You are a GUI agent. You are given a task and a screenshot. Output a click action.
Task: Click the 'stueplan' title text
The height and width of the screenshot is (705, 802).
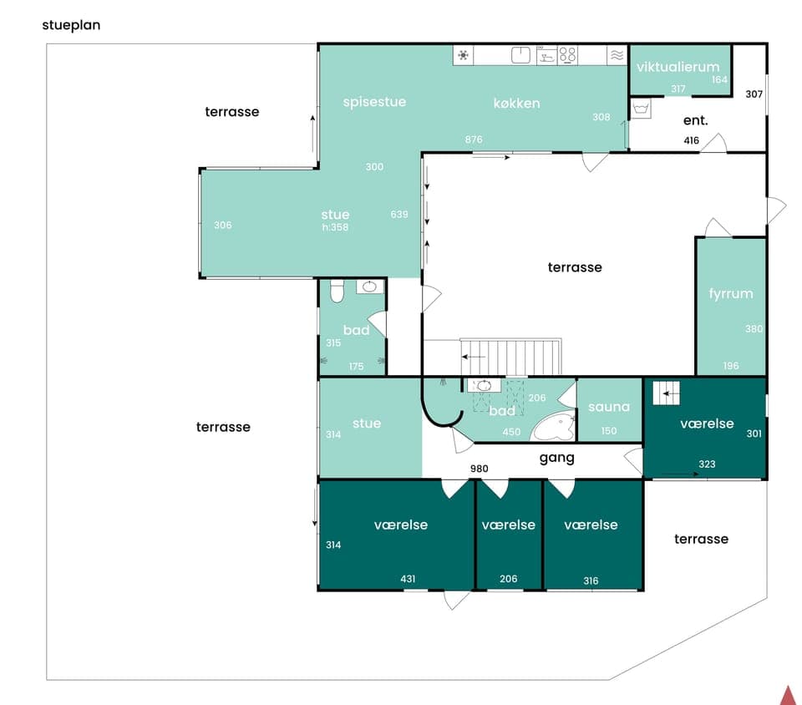[71, 25]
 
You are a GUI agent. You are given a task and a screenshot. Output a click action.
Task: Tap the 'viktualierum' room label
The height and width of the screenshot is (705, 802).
[678, 67]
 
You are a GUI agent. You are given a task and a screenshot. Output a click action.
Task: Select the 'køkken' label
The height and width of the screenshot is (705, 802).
[516, 104]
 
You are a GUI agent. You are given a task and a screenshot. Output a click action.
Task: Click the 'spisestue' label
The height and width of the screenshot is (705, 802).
[374, 102]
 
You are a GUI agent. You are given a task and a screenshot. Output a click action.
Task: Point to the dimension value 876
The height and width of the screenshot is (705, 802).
[474, 139]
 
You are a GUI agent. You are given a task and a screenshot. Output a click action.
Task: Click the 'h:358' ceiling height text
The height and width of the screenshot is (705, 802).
[335, 226]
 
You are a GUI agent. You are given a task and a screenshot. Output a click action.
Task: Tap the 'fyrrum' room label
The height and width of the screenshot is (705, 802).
[731, 293]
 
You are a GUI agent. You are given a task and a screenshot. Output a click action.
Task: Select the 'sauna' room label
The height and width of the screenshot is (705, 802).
[609, 407]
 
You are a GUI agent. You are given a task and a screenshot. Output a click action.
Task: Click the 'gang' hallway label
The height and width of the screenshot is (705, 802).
[556, 458]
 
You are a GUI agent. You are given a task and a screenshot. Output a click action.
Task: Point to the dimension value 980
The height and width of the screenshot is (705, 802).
[478, 469]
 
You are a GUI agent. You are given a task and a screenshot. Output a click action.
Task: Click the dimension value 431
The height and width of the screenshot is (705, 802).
[408, 579]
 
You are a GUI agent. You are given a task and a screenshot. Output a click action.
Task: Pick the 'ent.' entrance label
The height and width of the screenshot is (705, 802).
[695, 120]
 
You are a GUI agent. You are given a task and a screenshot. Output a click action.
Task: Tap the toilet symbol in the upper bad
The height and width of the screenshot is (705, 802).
[338, 291]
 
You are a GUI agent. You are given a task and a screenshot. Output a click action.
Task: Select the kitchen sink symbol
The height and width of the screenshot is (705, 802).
[521, 55]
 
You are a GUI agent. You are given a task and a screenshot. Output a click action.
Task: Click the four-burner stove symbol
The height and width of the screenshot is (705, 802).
[568, 55]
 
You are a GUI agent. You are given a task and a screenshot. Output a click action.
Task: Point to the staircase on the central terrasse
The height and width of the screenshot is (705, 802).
[511, 357]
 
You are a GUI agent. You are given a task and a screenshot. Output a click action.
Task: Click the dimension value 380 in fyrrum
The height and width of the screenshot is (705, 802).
[754, 329]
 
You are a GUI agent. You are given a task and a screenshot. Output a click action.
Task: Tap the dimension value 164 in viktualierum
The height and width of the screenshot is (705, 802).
[719, 80]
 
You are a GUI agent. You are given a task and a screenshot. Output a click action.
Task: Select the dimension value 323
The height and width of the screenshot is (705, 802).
[707, 464]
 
